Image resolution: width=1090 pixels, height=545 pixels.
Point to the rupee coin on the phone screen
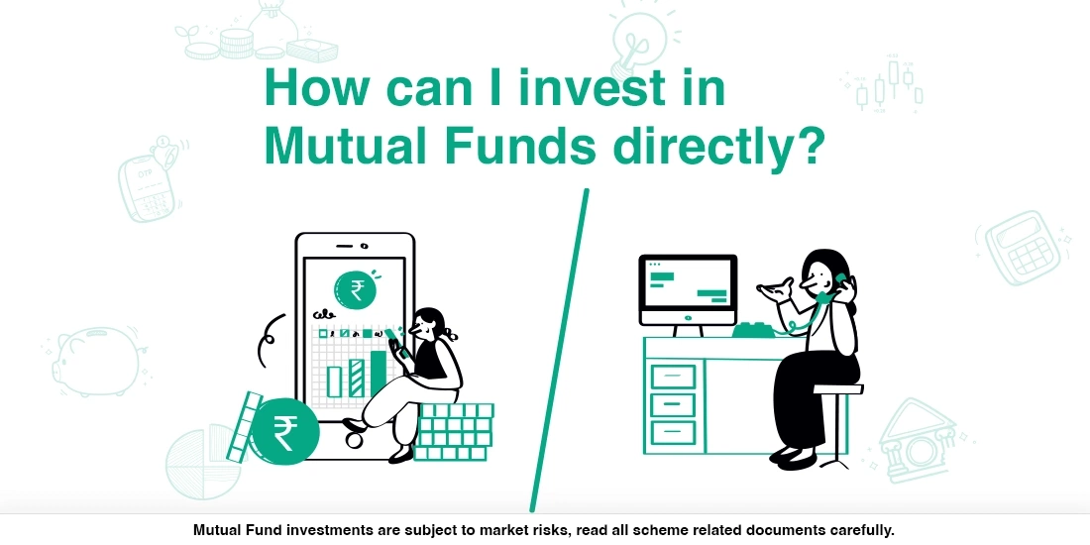point(355,289)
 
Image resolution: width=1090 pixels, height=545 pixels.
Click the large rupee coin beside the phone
point(284,432)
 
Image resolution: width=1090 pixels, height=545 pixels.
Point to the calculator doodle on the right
point(1021,247)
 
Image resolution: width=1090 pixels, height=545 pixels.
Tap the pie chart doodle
point(203,466)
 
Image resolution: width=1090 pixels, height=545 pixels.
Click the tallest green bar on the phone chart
point(378,372)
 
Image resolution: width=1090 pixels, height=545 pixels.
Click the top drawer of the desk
point(673,377)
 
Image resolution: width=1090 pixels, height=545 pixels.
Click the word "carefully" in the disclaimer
point(856,530)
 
